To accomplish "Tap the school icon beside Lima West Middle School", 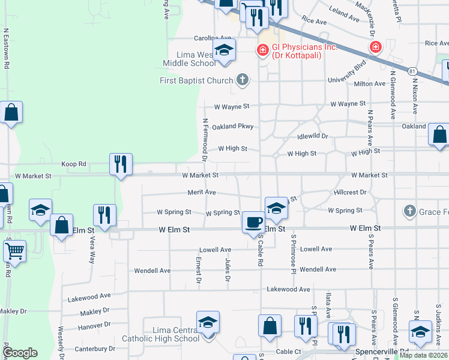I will (223, 50).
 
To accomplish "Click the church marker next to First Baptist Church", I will (242, 79).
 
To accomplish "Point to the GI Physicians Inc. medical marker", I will (262, 49).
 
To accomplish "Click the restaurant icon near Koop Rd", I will (121, 163).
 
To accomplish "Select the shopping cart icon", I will (14, 252).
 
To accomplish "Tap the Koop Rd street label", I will (74, 163).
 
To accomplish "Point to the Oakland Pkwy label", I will (233, 126).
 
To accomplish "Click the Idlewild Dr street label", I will (316, 136).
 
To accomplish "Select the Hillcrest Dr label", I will (350, 192).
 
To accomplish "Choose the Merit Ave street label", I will (202, 192).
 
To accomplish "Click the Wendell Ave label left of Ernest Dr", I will (152, 270).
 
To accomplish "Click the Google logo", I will (20, 353).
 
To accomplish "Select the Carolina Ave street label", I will (196, 38).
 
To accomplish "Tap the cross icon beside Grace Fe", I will (409, 211).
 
